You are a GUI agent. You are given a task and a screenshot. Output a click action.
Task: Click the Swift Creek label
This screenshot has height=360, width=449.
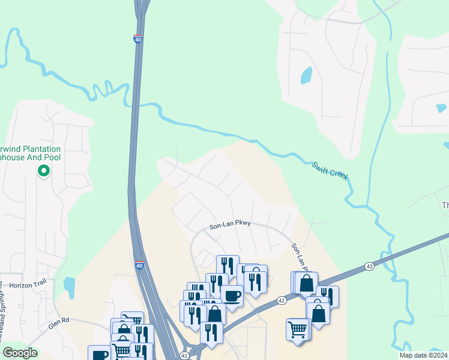pyautogui.click(x=330, y=172)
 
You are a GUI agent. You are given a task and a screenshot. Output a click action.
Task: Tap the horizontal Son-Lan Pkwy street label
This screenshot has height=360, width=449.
pyautogui.click(x=229, y=227)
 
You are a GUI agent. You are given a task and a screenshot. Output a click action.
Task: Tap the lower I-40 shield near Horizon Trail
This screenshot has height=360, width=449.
pyautogui.click(x=139, y=265)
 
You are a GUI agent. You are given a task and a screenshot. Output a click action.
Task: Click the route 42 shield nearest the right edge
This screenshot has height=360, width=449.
pyautogui.click(x=369, y=266)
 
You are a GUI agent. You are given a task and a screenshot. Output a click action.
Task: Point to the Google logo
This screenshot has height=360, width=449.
pyautogui.click(x=20, y=353)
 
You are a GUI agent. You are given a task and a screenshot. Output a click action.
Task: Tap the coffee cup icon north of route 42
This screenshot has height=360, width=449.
pyautogui.click(x=232, y=295)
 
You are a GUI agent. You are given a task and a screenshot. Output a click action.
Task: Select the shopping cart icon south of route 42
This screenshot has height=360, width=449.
pyautogui.click(x=298, y=329)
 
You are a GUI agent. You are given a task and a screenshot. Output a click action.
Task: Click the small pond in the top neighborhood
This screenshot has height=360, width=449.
pyautogui.click(x=306, y=75)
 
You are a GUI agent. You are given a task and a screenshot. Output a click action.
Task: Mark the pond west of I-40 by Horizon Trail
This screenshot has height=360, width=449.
pyautogui.click(x=69, y=287)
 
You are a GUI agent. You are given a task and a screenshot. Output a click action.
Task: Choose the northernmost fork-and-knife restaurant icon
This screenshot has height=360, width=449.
pyautogui.click(x=228, y=265)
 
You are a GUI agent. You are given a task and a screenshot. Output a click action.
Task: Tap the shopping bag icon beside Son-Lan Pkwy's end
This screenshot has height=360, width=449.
pyautogui.click(x=306, y=282)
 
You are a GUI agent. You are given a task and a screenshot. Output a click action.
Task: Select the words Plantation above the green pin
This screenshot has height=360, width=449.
pyautogui.click(x=36, y=149)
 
